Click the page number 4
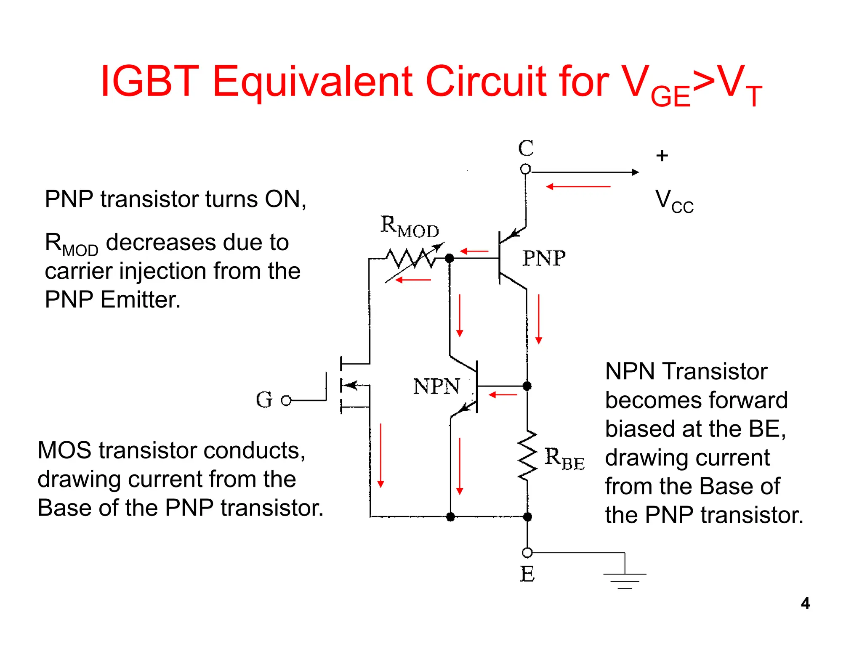click(805, 603)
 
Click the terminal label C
click(526, 148)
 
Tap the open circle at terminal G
click(286, 400)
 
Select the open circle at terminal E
click(527, 552)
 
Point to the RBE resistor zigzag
click(527, 455)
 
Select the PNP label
click(544, 258)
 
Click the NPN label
click(436, 386)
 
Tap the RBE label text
click(564, 458)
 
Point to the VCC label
click(674, 201)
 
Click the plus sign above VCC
click(662, 156)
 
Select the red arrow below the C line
click(578, 186)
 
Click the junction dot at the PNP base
click(450, 258)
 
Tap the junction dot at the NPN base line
click(527, 386)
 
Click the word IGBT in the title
click(149, 81)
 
